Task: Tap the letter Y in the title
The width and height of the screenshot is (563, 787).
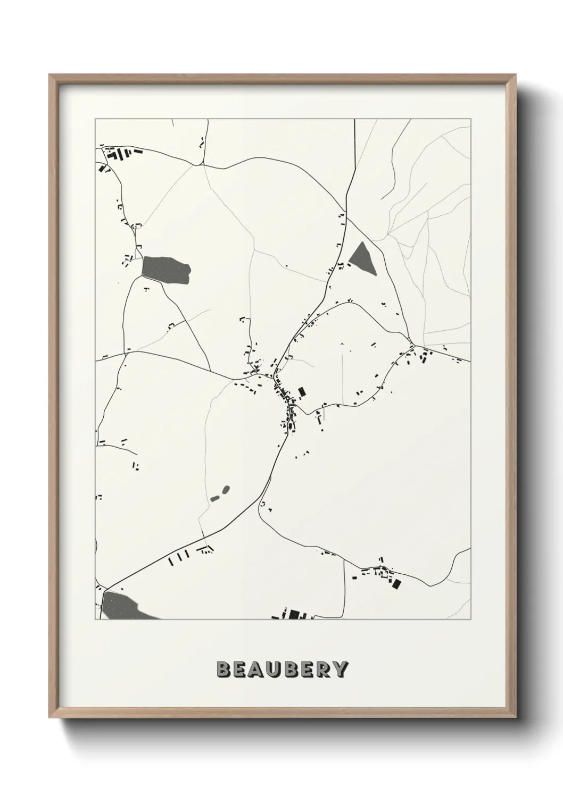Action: [x=341, y=669]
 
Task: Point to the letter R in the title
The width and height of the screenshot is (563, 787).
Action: [x=324, y=669]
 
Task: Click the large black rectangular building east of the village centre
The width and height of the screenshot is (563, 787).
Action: [x=302, y=392]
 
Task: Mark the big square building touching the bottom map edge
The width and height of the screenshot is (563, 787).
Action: [x=294, y=615]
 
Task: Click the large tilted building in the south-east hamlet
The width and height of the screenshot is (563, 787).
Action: [x=395, y=583]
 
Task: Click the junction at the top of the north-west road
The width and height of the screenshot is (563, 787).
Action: [x=203, y=164]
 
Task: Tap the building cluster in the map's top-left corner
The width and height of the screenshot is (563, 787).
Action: [x=120, y=155]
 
